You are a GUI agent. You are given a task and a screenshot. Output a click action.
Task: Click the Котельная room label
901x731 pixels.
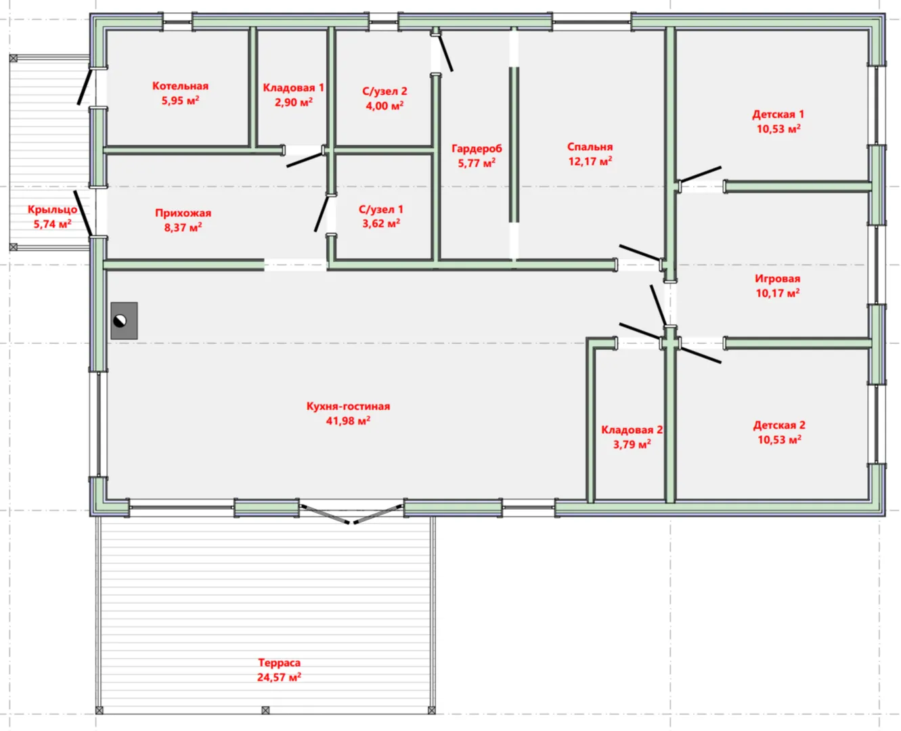tap(180, 86)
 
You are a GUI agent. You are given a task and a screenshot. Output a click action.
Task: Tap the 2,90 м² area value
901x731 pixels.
tap(294, 102)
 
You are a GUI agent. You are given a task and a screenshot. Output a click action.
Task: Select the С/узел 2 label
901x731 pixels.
tap(384, 91)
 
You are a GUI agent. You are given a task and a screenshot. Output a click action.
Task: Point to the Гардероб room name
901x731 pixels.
tap(477, 148)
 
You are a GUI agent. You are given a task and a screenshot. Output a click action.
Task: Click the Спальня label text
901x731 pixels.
tap(590, 147)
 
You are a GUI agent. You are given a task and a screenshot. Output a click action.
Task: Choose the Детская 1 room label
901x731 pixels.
tap(778, 114)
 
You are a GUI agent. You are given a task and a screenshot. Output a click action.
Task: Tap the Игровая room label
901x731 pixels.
tap(778, 279)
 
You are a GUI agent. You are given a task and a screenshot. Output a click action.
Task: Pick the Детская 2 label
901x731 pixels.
tap(779, 425)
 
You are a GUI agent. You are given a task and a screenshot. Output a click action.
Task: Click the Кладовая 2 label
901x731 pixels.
tap(632, 430)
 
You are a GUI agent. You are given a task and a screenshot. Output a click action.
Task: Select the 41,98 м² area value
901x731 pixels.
tap(348, 421)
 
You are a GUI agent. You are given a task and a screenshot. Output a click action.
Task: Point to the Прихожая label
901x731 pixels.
tap(183, 213)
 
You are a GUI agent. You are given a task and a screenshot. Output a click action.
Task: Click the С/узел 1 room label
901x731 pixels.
tap(380, 209)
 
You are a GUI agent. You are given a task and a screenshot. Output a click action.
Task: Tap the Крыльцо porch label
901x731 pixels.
tap(52, 210)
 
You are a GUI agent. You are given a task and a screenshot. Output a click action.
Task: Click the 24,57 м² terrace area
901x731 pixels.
tap(279, 677)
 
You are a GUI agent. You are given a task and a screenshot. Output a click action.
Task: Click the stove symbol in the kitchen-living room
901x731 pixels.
tap(124, 320)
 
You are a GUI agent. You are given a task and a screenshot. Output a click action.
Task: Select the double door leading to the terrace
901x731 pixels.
tap(351, 514)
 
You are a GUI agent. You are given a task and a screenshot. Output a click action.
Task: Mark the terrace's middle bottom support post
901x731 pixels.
tap(265, 710)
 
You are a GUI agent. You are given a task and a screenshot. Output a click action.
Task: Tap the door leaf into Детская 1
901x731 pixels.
tap(701, 175)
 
